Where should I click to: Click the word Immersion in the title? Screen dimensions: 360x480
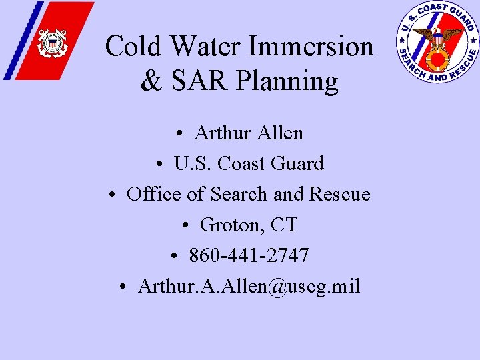pos(311,47)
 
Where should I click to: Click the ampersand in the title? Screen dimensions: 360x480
pos(151,82)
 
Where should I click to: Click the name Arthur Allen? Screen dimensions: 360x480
pos(248,133)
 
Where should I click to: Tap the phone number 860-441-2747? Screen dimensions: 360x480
pos(249,255)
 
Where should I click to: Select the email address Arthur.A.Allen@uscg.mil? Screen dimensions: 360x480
pos(249,286)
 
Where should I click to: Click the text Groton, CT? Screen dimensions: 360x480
pos(248,225)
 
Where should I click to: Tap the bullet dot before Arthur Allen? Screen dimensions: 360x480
pos(181,133)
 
